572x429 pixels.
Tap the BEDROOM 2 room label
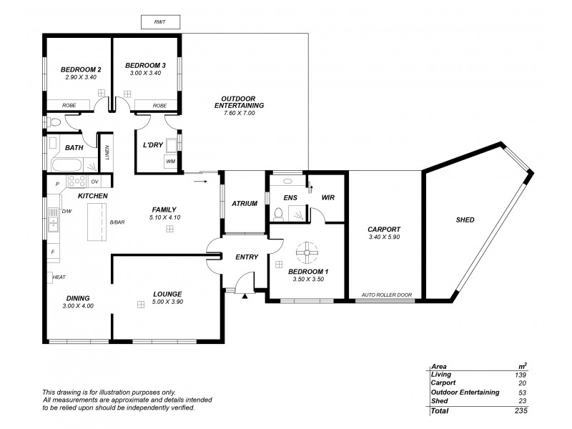point(81,69)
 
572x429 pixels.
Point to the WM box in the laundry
point(170,162)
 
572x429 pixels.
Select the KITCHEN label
point(93,195)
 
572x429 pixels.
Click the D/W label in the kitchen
point(67,212)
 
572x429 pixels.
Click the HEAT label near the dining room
point(59,277)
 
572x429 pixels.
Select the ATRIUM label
point(245,204)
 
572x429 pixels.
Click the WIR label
point(328,197)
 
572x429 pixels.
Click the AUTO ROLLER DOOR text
point(387,295)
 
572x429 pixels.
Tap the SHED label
point(465,220)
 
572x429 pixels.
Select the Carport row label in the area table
point(443,383)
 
